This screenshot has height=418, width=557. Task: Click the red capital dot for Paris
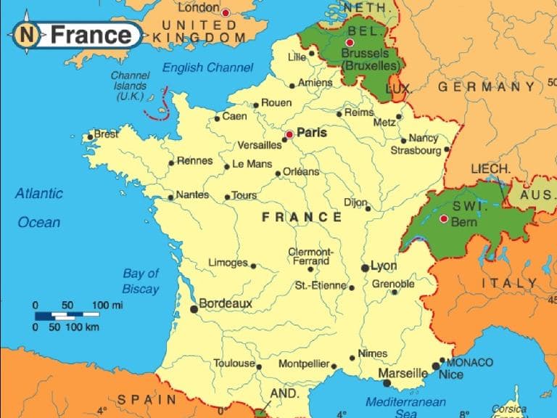click(289, 134)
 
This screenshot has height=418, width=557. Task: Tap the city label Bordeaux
click(225, 303)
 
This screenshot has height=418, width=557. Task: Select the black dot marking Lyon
click(365, 268)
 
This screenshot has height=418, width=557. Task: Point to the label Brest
click(106, 134)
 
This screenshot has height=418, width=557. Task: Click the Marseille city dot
click(387, 382)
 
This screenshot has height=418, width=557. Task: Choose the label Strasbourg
click(416, 151)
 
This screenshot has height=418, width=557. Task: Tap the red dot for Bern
click(444, 218)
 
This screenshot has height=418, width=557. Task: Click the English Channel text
click(207, 67)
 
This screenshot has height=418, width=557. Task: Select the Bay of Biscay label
click(141, 282)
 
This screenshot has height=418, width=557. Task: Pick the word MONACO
click(469, 362)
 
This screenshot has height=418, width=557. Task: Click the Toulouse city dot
click(259, 366)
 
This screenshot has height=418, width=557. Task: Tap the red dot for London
click(226, 12)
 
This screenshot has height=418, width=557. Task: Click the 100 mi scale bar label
click(107, 305)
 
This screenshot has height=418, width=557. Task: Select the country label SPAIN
click(147, 399)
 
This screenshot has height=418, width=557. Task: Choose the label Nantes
click(192, 194)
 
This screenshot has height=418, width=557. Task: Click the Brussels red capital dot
click(350, 44)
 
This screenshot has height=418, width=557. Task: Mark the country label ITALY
click(510, 283)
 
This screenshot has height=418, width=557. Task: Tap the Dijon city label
click(355, 203)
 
